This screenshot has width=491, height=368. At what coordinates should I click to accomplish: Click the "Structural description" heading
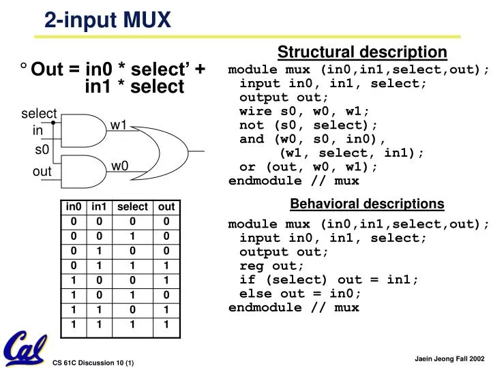point(362,52)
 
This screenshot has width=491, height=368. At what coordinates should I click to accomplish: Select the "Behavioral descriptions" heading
point(367,204)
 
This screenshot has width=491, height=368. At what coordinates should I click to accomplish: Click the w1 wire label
point(119,125)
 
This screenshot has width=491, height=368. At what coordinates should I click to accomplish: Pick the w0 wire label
point(119,166)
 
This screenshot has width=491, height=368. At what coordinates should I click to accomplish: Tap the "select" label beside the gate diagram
point(39,114)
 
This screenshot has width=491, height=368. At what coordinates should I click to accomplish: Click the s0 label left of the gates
point(42,149)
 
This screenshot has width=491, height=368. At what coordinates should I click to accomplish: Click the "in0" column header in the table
point(73,207)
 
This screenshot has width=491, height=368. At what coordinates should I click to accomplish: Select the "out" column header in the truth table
point(166,207)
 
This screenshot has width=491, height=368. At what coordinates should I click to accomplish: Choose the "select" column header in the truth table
point(132,207)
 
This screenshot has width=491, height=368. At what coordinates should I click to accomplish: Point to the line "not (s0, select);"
point(308,125)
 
